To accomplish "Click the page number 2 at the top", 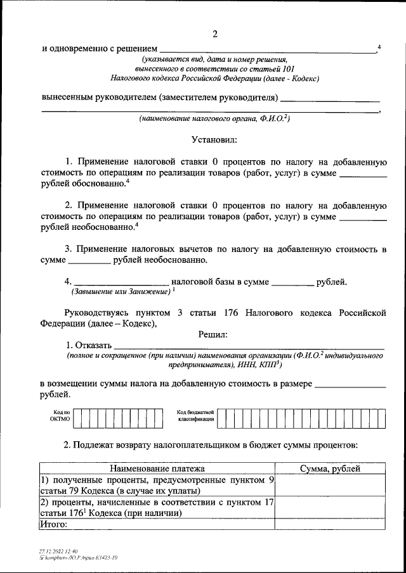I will [x=215, y=34].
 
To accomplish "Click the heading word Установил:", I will [x=214, y=139].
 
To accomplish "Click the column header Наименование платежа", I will [x=157, y=469].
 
